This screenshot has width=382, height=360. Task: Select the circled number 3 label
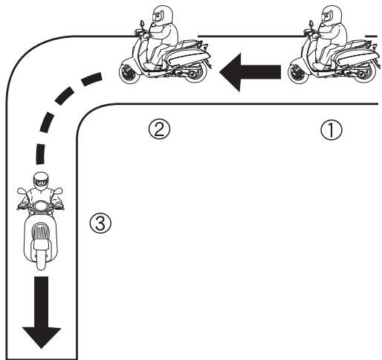(x=97, y=222)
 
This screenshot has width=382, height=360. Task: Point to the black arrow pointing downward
(x=42, y=314)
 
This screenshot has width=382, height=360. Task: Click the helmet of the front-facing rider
(x=42, y=181)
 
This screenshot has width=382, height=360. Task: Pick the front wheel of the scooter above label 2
(x=131, y=73)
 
